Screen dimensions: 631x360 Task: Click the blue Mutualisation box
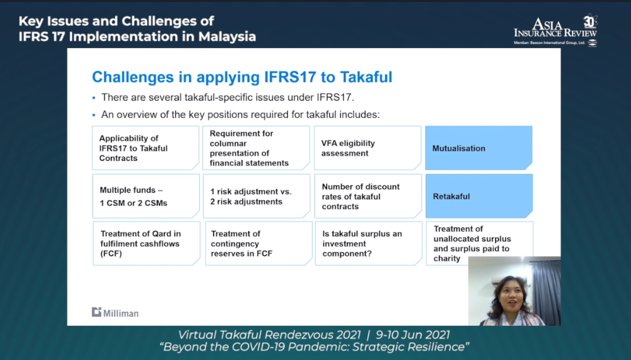click(479, 147)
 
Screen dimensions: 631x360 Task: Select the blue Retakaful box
click(479, 196)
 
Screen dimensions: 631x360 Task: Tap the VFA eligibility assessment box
click(367, 147)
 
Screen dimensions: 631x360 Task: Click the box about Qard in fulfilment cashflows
click(146, 243)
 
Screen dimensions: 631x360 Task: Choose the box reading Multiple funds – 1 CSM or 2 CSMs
click(146, 196)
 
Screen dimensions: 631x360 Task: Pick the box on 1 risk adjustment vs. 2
click(256, 196)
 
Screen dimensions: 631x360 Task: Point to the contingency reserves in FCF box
click(259, 243)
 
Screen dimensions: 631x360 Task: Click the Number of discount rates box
click(368, 196)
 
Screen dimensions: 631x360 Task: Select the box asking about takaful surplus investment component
click(368, 243)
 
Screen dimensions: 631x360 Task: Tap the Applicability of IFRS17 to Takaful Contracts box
click(146, 147)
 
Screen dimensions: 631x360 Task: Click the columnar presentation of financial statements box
click(256, 147)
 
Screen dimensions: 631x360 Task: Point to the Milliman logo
click(115, 312)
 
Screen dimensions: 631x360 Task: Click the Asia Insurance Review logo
click(556, 31)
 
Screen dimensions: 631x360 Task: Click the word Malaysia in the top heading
click(227, 37)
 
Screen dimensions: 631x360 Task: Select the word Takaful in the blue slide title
click(366, 77)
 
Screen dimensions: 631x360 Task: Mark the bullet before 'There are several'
click(94, 98)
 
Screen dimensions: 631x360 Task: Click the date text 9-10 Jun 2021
click(412, 335)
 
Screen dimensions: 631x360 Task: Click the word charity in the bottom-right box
click(447, 259)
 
